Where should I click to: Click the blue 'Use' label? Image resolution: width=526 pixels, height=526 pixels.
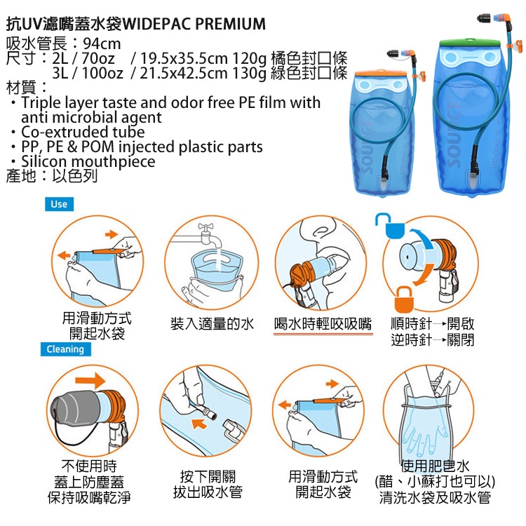pos(60,204)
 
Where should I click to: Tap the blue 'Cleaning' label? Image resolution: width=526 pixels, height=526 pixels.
pos(65,349)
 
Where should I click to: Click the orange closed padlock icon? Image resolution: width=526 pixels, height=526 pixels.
pos(403,299)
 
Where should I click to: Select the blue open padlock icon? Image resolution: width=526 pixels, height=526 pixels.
pos(390,225)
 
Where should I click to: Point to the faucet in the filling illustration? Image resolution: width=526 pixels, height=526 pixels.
pos(209,235)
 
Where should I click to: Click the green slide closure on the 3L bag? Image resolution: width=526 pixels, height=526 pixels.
pos(470,43)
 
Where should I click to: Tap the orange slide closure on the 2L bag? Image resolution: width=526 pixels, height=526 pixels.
pos(381,73)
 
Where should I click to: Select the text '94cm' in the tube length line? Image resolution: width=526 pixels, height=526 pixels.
pos(102,43)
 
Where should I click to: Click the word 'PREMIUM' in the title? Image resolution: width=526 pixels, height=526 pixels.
pos(230,24)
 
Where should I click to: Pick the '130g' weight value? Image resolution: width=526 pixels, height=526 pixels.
pos(249,74)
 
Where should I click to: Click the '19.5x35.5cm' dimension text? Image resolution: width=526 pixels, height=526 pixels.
pos(184,58)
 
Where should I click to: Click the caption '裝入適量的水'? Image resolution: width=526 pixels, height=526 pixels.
pos(213,324)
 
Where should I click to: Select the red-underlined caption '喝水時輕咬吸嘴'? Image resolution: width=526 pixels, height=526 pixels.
pos(323,324)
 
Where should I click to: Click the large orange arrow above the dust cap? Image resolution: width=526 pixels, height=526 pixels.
pos(90,380)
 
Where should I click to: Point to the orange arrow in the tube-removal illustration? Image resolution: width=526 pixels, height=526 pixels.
pos(199,424)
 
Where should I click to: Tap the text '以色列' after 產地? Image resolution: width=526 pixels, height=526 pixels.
pos(74,176)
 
